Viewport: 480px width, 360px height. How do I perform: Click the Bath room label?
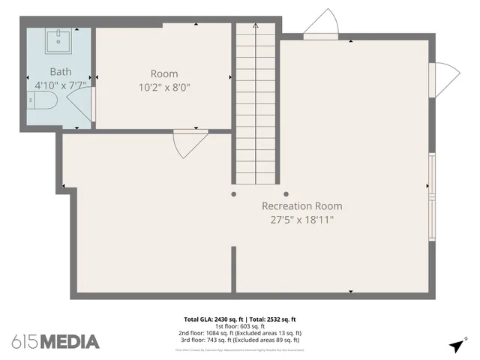tap(61, 71)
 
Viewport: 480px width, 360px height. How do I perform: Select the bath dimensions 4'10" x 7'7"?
tap(60, 85)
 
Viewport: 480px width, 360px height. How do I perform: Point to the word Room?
tap(164, 73)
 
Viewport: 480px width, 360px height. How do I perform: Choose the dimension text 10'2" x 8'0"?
tap(164, 87)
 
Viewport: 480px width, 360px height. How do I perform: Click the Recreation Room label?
tap(301, 206)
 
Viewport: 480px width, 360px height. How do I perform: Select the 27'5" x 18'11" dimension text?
tap(301, 220)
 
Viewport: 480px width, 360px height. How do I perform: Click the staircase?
tap(256, 105)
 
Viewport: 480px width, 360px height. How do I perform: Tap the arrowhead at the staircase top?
tap(256, 25)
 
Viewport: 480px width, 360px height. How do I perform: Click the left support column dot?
tap(234, 194)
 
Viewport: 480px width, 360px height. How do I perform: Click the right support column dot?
tap(286, 194)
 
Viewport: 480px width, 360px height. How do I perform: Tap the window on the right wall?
tap(431, 196)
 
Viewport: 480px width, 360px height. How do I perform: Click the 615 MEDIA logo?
tap(55, 342)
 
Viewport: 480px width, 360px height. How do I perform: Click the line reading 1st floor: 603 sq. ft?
tap(240, 326)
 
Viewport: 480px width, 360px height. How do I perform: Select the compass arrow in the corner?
tap(456, 346)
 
